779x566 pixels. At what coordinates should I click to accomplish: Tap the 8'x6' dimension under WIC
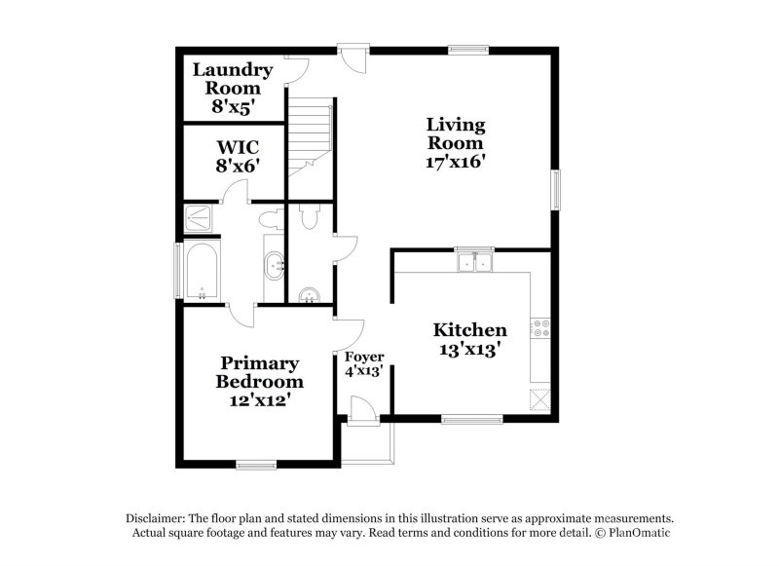coord(237,166)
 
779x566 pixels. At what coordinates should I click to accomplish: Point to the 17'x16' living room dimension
coord(455,162)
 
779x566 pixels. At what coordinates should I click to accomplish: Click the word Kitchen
coord(469,330)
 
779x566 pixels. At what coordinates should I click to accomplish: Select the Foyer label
coord(364,356)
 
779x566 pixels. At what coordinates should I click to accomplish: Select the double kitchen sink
coord(474,261)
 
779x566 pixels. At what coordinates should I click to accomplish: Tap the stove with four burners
coord(540,329)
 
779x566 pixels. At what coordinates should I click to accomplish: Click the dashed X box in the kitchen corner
coord(539,398)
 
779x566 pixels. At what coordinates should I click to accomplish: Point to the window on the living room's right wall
coord(556,189)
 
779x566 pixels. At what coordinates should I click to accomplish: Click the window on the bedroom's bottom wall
coord(256,464)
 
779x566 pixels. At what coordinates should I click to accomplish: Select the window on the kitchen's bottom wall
coord(471,420)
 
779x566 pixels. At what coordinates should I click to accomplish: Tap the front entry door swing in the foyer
coord(362,410)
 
